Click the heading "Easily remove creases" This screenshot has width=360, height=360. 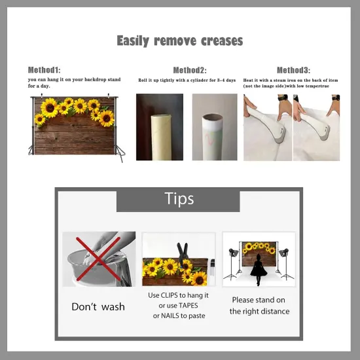(x=180, y=41)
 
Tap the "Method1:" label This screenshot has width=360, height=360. (x=44, y=70)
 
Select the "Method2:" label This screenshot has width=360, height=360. (x=190, y=70)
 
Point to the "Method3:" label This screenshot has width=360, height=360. (x=293, y=70)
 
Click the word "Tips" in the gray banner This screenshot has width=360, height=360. (x=179, y=198)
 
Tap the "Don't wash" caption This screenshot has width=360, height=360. (x=98, y=307)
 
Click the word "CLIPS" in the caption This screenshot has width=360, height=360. (x=170, y=295)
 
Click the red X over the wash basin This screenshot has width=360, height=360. (x=98, y=259)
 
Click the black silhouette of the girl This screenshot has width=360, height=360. (x=259, y=269)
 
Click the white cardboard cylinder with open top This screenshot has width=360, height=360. (x=213, y=137)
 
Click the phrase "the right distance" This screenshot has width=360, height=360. (x=259, y=312)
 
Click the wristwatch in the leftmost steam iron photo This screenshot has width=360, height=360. (x=283, y=98)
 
